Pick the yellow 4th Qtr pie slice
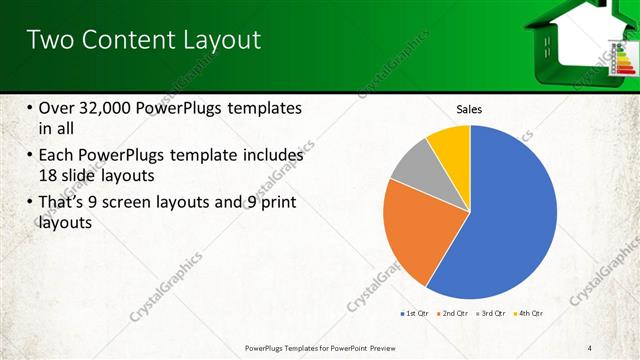pos(450,145)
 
